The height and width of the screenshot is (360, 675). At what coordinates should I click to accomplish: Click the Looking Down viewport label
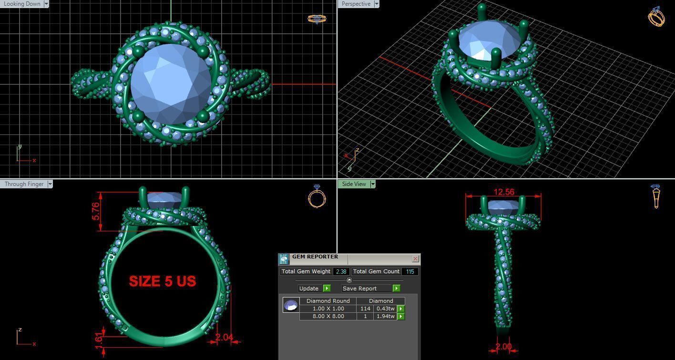click(x=22, y=4)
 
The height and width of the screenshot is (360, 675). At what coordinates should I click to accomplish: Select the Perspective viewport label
click(x=356, y=4)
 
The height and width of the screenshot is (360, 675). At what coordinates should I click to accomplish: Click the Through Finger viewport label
click(x=24, y=184)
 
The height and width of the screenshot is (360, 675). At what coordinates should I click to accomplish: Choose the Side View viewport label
click(x=354, y=184)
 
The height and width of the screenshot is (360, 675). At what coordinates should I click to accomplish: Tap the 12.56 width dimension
click(x=504, y=192)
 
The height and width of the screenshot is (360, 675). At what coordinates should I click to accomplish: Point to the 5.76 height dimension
click(x=96, y=211)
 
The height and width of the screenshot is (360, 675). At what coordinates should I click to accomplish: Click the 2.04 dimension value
click(x=224, y=338)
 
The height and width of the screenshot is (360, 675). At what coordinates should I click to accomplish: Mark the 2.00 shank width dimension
click(x=503, y=347)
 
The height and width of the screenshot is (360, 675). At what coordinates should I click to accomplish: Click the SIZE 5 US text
click(x=162, y=281)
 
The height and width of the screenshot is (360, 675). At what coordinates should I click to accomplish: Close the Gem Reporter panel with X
click(x=415, y=258)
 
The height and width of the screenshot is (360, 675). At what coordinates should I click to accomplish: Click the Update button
click(x=309, y=288)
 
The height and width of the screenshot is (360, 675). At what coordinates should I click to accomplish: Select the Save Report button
click(x=359, y=288)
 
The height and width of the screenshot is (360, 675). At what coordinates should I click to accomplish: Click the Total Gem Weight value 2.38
click(x=341, y=271)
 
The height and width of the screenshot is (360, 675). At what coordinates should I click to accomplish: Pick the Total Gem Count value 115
click(x=410, y=271)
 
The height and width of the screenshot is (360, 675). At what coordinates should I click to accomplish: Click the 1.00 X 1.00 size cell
click(x=328, y=309)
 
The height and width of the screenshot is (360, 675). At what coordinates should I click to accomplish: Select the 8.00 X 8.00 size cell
click(x=328, y=316)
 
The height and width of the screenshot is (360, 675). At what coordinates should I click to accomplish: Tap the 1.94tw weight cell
click(x=385, y=316)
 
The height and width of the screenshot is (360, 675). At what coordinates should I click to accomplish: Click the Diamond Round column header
click(x=328, y=301)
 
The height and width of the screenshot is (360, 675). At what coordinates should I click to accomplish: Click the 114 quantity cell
click(x=365, y=309)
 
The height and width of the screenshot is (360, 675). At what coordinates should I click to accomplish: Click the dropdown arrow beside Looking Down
click(x=46, y=4)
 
